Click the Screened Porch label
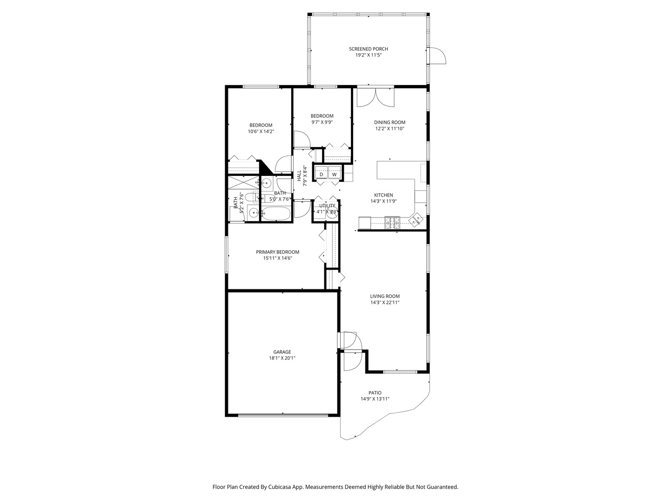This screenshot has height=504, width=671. [x=369, y=49]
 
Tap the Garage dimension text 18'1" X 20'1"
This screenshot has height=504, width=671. [x=282, y=358]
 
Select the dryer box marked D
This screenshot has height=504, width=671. [x=321, y=175]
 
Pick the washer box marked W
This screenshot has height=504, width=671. [x=335, y=175]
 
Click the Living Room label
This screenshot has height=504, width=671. [x=384, y=296]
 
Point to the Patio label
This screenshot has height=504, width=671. [x=375, y=392]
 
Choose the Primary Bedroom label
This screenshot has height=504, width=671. [x=278, y=252]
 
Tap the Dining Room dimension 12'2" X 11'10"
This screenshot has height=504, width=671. [x=390, y=129]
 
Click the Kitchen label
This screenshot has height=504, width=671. [x=383, y=195]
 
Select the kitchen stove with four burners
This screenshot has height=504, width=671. [x=392, y=223]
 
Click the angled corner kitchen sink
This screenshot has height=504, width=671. [x=416, y=219]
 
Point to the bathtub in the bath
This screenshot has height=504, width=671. [x=276, y=214]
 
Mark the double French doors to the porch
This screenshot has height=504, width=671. [x=376, y=98]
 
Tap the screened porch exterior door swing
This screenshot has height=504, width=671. [x=438, y=56]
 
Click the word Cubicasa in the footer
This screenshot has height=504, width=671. [x=281, y=487]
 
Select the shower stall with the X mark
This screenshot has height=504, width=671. [x=243, y=182]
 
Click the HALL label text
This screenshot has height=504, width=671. [x=299, y=175]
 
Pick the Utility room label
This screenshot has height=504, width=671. [x=327, y=206]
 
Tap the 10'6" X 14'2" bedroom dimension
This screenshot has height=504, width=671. [x=261, y=132]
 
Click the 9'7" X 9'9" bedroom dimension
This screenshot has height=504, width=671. [x=322, y=122]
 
